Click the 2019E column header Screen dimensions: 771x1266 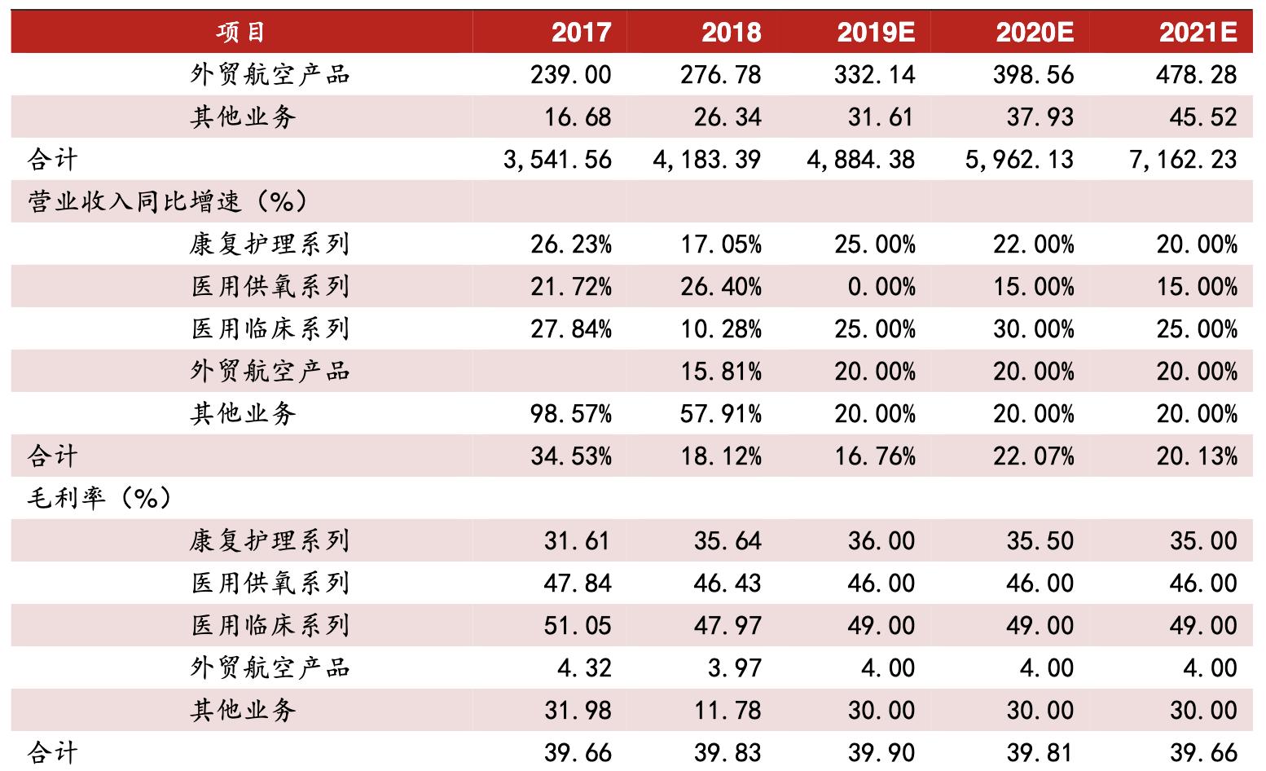coord(876,33)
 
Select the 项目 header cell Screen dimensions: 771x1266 coord(241,33)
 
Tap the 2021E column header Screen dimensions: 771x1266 coord(1198,33)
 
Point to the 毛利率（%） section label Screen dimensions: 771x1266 coord(100,498)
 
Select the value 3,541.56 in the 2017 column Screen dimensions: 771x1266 coord(557,160)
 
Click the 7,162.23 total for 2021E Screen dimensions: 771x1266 coord(1183,160)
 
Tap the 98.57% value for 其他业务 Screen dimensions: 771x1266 coord(571,414)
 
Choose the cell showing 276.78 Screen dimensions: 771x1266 coord(720,75)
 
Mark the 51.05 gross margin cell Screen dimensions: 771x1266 coord(577,626)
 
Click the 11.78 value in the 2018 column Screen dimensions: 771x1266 coord(728,711)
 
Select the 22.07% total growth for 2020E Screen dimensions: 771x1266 coord(1033,456)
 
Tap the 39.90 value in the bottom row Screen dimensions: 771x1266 coord(881,752)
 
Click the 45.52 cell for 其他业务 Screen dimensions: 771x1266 coord(1203,117)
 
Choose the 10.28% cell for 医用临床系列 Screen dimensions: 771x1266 coord(721,329)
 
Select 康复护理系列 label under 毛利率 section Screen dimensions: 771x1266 coord(270,541)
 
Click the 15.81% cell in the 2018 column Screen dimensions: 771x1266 coord(721,372)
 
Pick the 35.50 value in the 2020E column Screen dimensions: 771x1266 coord(1040,541)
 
